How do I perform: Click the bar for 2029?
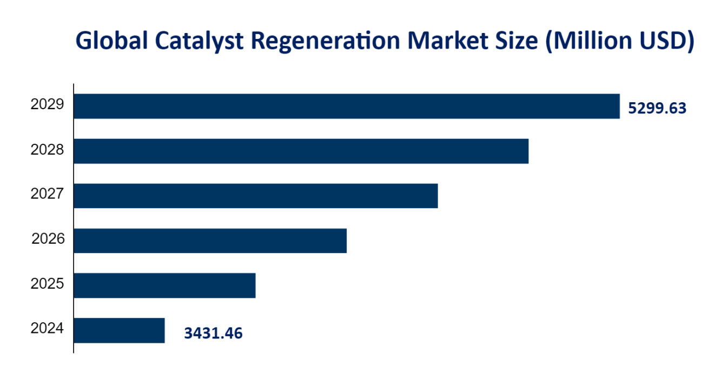point(346,106)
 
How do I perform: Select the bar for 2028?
point(301,151)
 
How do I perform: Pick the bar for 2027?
point(255,196)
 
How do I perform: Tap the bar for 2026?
point(210,241)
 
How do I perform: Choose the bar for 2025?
point(164,285)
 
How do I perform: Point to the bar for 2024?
point(119,330)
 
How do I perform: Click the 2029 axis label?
point(48,105)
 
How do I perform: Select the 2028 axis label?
point(48,150)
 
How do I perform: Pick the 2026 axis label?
point(48,238)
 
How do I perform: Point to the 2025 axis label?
point(48,284)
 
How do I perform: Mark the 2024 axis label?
point(48,329)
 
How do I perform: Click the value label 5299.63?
point(657,109)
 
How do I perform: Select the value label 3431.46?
point(213,333)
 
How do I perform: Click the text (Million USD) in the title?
point(619,42)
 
